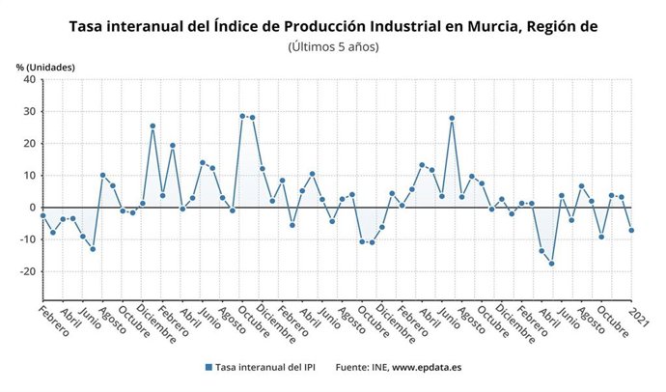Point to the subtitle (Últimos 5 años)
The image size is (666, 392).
point(333,46)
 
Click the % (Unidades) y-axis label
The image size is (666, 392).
point(45,67)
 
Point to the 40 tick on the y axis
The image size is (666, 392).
point(29,80)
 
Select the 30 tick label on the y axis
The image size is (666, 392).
point(29,112)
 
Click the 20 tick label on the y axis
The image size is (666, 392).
point(29,144)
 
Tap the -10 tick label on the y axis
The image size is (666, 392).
point(28,239)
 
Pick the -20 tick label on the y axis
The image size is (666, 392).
point(28,271)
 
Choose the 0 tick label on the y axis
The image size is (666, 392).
point(32,208)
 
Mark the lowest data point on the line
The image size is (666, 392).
point(551,264)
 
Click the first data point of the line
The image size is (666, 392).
point(42,215)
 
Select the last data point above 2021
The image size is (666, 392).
point(631,230)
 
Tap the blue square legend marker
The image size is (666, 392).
point(208,368)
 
